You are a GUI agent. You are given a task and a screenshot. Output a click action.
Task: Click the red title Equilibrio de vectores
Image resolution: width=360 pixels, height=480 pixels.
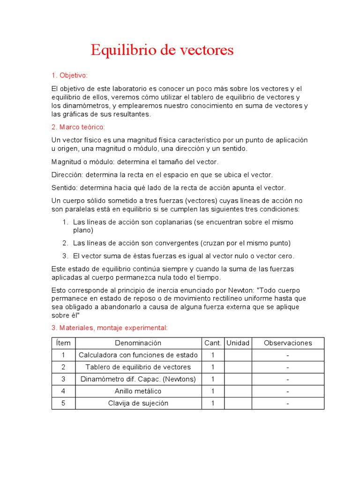[162, 50]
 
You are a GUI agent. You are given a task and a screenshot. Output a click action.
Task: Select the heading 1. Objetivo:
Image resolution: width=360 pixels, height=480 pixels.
[69, 75]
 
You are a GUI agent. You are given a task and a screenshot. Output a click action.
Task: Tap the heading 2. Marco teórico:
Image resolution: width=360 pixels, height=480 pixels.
[78, 127]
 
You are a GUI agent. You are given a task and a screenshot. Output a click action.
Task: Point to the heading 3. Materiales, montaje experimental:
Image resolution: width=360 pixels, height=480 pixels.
[109, 328]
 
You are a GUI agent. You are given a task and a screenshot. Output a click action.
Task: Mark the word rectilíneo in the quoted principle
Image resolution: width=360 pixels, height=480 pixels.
[219, 298]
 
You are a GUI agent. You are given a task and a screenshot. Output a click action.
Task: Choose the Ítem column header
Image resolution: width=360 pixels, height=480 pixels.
[63, 343]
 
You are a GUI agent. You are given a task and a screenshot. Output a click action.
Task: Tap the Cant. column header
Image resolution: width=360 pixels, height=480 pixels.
[213, 343]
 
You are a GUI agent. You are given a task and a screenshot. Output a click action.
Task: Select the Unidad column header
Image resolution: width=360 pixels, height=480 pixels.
[238, 343]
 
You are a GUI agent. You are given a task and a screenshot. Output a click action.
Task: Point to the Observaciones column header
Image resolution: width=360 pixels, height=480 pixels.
[287, 343]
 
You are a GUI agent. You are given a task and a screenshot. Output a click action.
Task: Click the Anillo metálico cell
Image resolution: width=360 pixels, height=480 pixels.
[138, 391]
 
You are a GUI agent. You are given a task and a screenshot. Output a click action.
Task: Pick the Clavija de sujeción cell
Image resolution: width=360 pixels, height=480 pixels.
[138, 404]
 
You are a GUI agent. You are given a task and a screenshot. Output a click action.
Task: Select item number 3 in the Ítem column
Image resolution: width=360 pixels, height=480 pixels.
[63, 379]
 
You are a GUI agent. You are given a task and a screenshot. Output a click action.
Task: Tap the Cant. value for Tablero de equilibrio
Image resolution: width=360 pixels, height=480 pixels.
[213, 367]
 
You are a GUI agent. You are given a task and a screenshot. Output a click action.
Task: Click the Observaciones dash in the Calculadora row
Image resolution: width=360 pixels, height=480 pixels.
[287, 355]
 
